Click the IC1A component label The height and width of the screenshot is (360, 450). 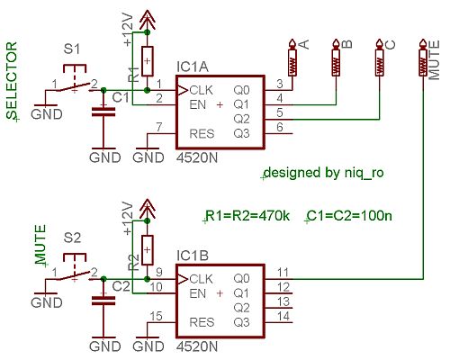tap(193, 67)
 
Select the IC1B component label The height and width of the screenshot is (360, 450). tap(193, 256)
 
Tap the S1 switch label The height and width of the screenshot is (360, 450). tap(72, 49)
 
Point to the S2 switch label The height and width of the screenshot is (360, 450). tap(73, 238)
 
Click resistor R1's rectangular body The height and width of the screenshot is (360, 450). tap(147, 61)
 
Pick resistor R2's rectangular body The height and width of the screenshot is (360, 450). tap(147, 250)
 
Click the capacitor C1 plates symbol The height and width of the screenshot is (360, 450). tap(103, 112)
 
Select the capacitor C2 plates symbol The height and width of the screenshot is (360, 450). tap(103, 301)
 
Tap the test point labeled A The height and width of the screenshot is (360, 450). tap(292, 58)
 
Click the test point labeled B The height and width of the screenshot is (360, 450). tap(336, 58)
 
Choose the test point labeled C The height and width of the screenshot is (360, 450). tap(379, 58)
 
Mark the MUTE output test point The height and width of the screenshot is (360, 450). tap(423, 58)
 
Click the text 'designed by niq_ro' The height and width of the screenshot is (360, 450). tap(324, 173)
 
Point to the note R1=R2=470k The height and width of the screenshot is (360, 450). tap(247, 216)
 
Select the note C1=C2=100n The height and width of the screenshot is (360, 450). tap(349, 216)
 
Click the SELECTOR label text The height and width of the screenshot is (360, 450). tap(12, 80)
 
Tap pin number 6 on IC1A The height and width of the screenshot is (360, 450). tap(280, 127)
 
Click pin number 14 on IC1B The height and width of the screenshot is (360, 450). tap(283, 316)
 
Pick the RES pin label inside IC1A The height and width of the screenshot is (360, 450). tap(202, 134)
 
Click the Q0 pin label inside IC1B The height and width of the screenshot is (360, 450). tap(241, 279)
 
